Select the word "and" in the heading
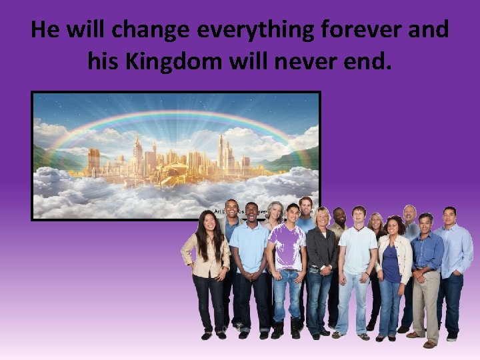tap(429, 31)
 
